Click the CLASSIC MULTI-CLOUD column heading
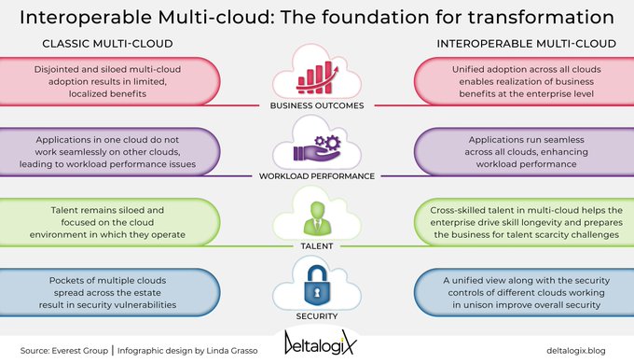pos(105,43)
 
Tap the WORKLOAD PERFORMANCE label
pos(316,175)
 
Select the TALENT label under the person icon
pos(316,246)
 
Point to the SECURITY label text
pos(316,316)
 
